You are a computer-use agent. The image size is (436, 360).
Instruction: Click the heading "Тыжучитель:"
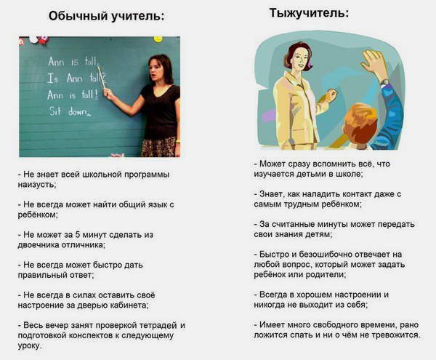(x=309, y=13)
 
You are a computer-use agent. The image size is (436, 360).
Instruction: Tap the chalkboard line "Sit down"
(x=69, y=111)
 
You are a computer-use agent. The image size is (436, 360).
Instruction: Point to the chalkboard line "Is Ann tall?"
(x=76, y=78)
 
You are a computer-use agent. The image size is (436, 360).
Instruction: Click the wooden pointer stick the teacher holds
(x=102, y=78)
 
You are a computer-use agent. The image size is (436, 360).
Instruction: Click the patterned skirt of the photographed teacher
(x=158, y=147)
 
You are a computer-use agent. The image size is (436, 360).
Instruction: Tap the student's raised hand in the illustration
(x=374, y=65)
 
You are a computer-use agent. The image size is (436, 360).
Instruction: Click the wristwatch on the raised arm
(x=384, y=81)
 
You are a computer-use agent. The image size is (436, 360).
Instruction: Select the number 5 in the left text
(x=77, y=235)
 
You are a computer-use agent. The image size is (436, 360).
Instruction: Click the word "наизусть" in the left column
(x=36, y=185)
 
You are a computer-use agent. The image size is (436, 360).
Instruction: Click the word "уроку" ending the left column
(x=29, y=345)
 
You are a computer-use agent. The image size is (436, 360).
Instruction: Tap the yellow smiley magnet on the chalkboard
(x=158, y=39)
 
